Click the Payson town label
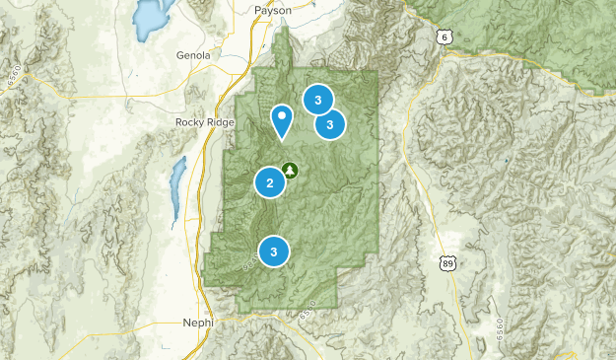(273, 11)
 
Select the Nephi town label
(197, 324)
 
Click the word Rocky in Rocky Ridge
(190, 122)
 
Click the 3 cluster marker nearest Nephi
(274, 252)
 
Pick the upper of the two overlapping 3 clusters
(317, 99)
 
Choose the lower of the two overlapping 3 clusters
(330, 124)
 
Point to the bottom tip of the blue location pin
(283, 138)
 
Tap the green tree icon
(290, 170)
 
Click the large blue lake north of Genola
(150, 16)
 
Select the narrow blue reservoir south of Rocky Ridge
(176, 187)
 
